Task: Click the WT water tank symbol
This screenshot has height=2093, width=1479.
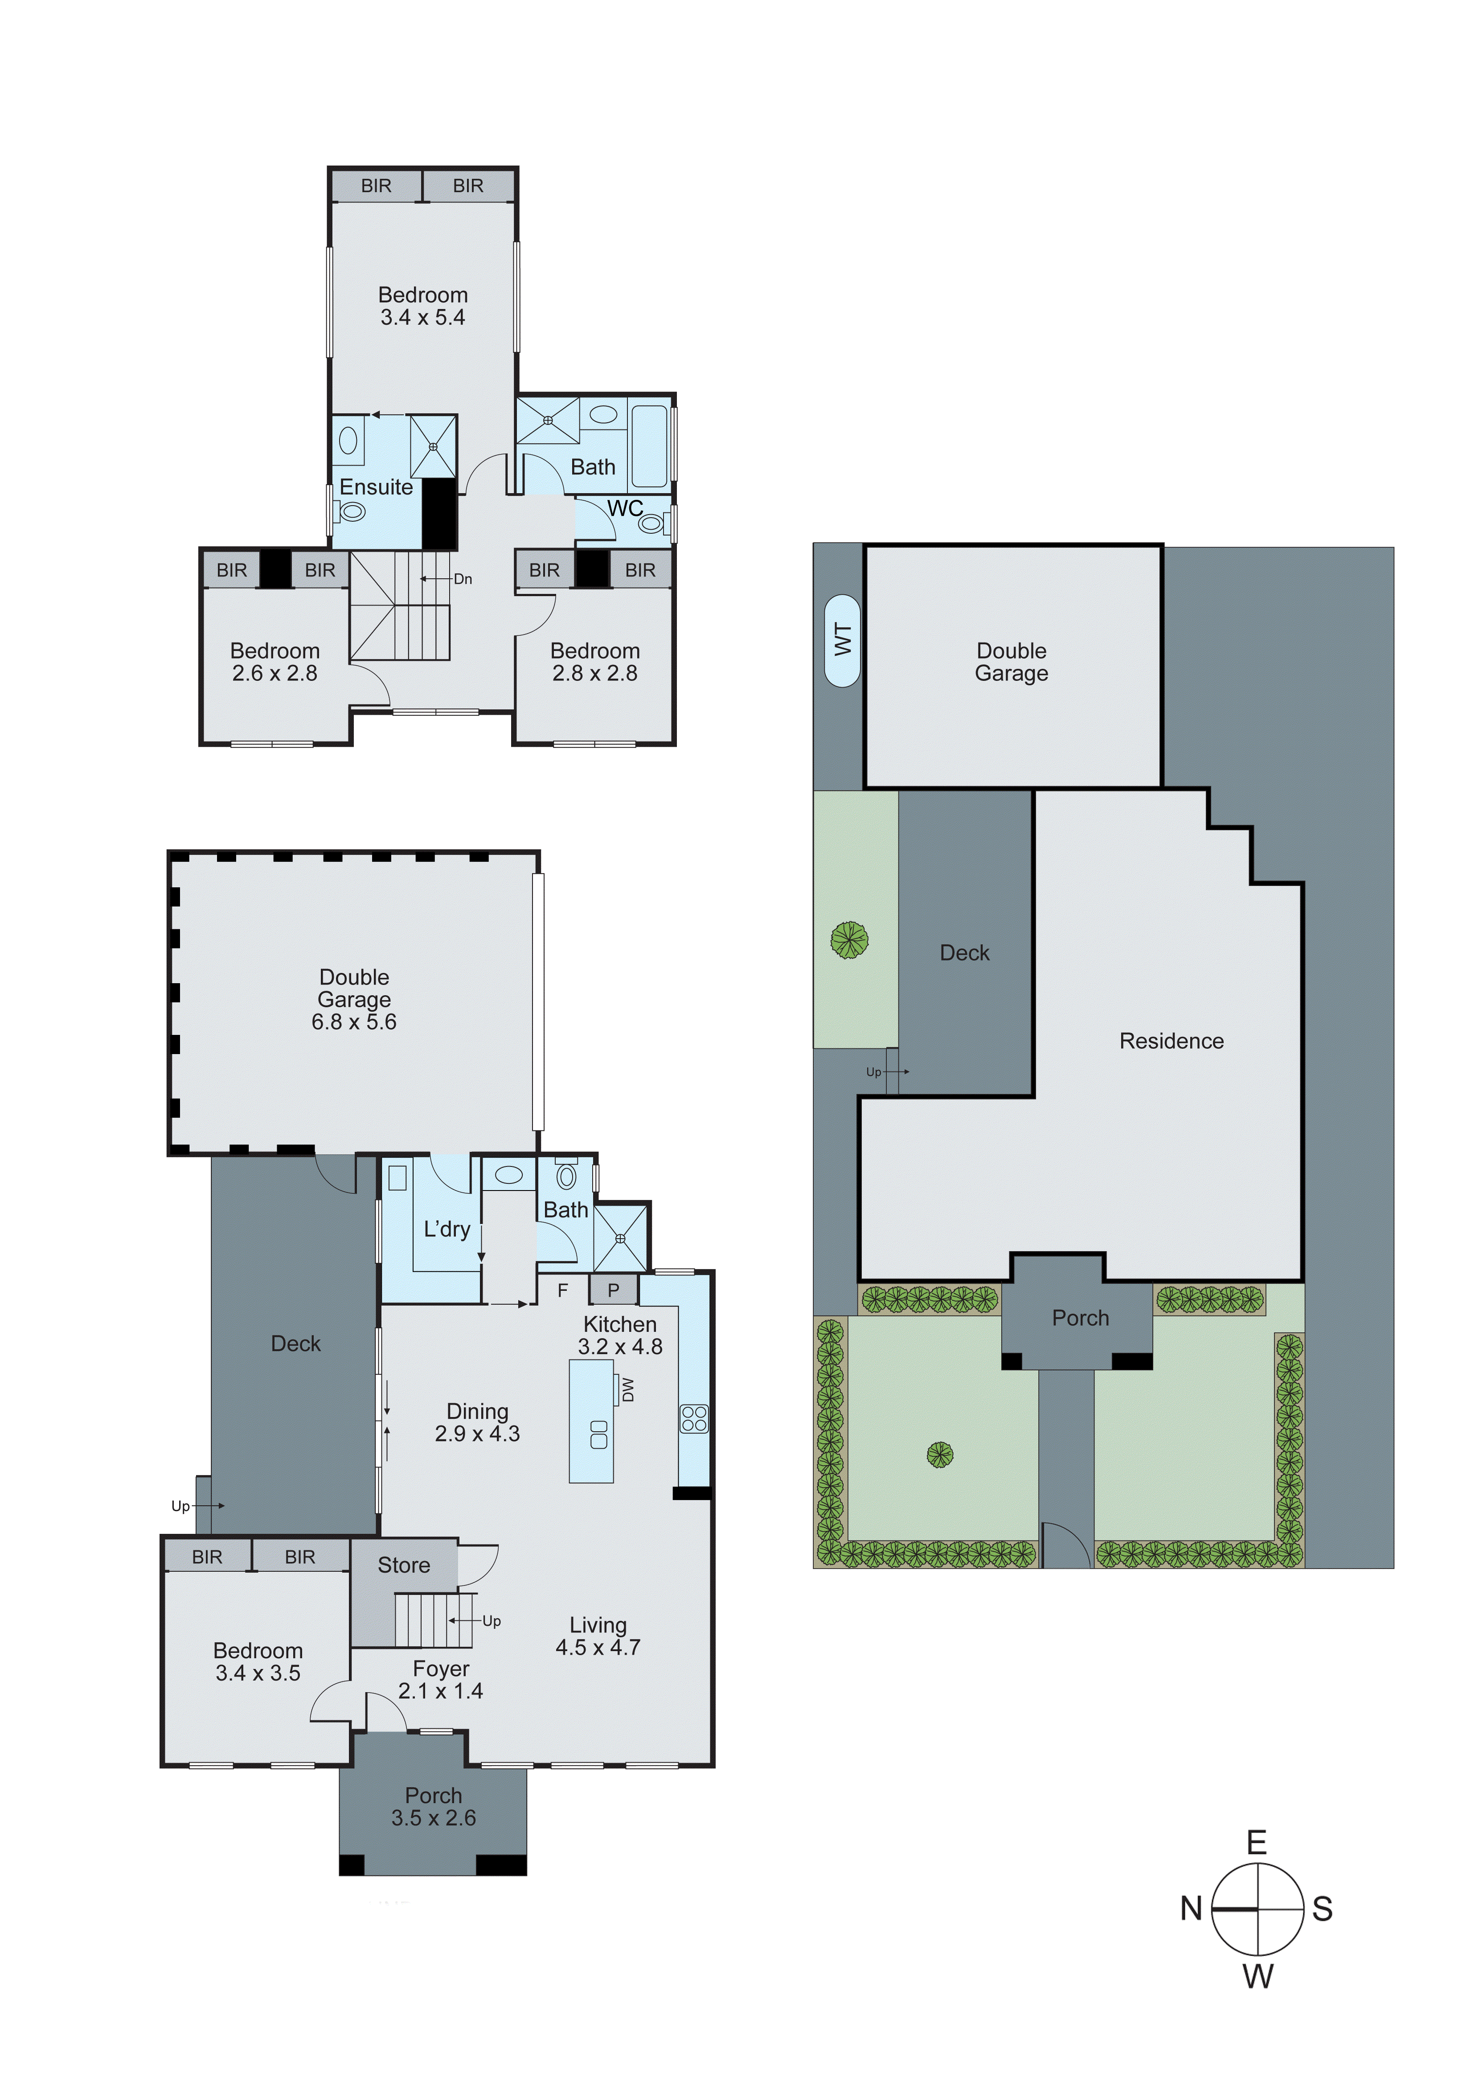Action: [x=842, y=640]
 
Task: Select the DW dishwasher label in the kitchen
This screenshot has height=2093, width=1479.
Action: [x=628, y=1389]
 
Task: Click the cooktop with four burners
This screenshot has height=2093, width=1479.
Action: [x=693, y=1418]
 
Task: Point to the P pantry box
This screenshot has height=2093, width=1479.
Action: [x=613, y=1290]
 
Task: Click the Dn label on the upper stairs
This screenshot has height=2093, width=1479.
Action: [x=463, y=579]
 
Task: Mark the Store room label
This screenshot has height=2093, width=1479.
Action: [x=404, y=1565]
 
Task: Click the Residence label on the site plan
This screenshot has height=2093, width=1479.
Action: [x=1171, y=1041]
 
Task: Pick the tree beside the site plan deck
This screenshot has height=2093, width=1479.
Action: [x=849, y=940]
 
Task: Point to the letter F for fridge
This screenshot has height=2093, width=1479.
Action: [x=562, y=1290]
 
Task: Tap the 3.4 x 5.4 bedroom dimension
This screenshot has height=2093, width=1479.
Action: [x=423, y=317]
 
